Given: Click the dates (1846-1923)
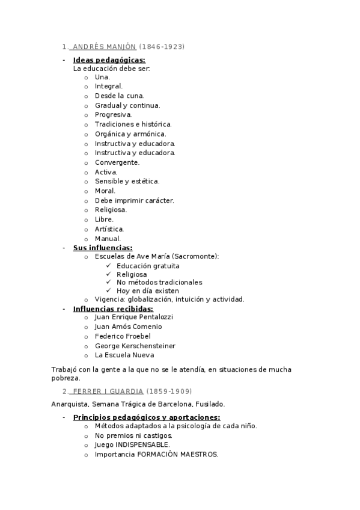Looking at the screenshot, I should point(162,46).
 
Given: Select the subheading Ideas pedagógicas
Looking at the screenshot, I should point(109,60).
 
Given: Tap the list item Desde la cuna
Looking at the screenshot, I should point(119,96).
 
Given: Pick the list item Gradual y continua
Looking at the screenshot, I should point(127,105).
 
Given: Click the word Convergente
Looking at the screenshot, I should point(117,162).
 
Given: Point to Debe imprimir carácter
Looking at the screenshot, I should point(134,200).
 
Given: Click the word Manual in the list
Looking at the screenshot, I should point(107,238).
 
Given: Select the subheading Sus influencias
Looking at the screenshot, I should point(103,247).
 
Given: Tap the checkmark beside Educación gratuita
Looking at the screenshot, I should point(108,266).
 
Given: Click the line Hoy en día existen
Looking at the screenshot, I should point(148,290).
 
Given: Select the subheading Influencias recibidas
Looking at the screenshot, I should point(113,309).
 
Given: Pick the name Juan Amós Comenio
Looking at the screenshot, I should point(128,327).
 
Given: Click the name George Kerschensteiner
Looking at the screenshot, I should point(135,346).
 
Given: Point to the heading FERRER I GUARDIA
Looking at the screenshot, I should point(108,391).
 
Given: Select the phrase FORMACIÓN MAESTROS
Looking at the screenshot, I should point(177,454).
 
